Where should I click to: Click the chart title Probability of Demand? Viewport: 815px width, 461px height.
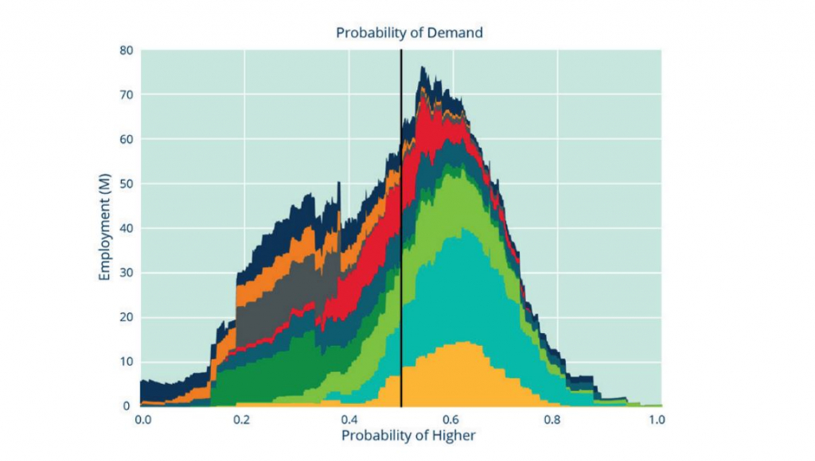click(x=409, y=33)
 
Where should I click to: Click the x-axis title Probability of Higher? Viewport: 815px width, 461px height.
click(x=409, y=436)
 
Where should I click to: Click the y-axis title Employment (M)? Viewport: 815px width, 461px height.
click(x=104, y=227)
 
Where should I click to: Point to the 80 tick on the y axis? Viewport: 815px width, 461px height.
click(x=126, y=50)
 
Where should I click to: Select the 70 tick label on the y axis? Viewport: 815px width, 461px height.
click(x=126, y=95)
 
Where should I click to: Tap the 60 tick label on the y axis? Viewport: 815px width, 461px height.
click(x=126, y=139)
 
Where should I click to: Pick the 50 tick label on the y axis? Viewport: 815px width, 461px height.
click(x=126, y=184)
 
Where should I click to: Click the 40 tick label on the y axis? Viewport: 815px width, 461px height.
click(x=126, y=228)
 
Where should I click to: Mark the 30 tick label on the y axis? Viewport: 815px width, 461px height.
click(x=126, y=273)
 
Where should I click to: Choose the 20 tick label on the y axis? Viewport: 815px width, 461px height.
click(x=126, y=317)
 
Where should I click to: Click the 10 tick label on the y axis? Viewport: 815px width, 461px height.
click(x=126, y=362)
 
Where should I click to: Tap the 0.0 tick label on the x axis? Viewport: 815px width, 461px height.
click(x=143, y=418)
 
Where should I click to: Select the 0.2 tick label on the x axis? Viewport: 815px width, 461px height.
click(x=244, y=418)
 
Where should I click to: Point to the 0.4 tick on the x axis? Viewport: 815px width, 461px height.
click(x=348, y=418)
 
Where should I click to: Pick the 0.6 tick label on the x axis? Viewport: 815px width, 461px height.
click(x=452, y=418)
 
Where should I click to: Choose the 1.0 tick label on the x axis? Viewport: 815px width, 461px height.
click(x=657, y=418)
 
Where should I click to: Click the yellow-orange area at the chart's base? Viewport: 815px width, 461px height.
click(x=462, y=378)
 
